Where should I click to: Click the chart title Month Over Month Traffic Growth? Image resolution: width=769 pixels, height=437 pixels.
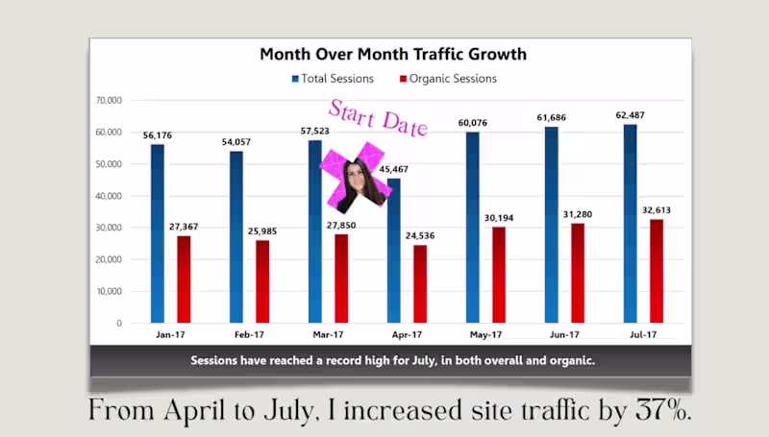click(392, 55)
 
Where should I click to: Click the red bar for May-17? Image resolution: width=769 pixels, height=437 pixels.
click(499, 275)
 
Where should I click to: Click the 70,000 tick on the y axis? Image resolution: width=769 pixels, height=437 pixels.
click(107, 100)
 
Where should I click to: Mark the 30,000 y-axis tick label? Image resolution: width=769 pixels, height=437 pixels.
click(107, 228)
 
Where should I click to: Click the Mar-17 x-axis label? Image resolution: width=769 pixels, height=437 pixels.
click(328, 335)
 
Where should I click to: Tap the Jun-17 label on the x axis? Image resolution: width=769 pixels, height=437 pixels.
click(564, 335)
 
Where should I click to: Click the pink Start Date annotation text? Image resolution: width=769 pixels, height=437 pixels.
click(379, 117)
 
